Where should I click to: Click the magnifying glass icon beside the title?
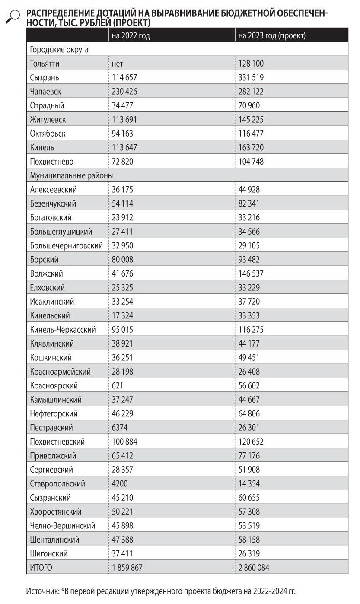tap(13, 16)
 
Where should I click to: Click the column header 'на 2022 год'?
tap(131, 35)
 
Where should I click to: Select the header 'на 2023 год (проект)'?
tap(272, 35)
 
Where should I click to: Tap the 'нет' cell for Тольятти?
tap(117, 64)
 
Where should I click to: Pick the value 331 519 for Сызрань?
tap(251, 78)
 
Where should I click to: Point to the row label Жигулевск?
tap(48, 120)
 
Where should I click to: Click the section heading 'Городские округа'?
tap(59, 50)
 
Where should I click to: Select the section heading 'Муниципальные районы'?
tap(71, 176)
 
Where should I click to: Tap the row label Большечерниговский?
tap(67, 246)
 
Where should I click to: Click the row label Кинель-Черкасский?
tap(63, 330)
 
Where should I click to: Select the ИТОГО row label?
tap(41, 568)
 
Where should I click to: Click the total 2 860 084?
tap(254, 568)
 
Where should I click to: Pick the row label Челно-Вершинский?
tap(63, 526)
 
